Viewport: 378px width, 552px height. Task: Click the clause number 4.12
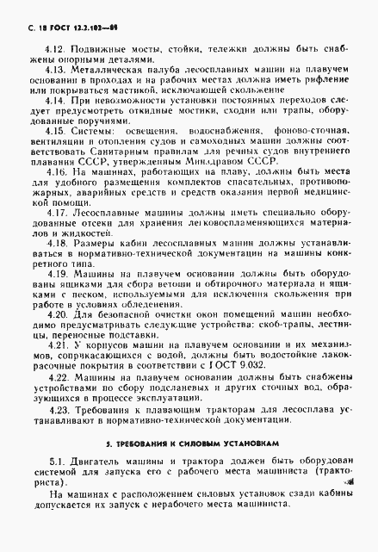[54, 51]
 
